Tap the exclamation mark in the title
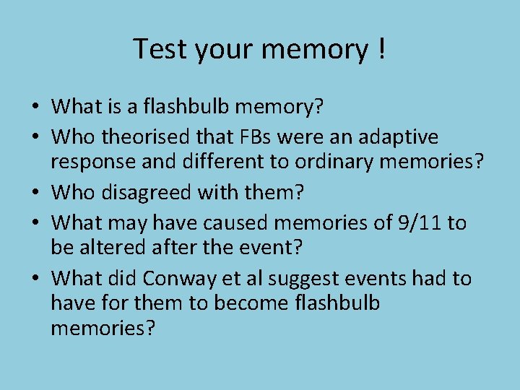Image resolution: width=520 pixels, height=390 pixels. (380, 49)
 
